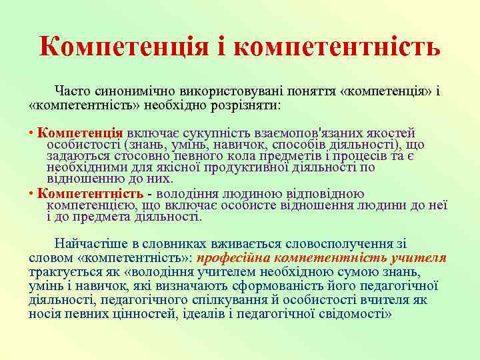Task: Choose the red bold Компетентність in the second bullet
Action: pyautogui.click(x=90, y=194)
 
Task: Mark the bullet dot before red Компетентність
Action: pyautogui.click(x=32, y=194)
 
